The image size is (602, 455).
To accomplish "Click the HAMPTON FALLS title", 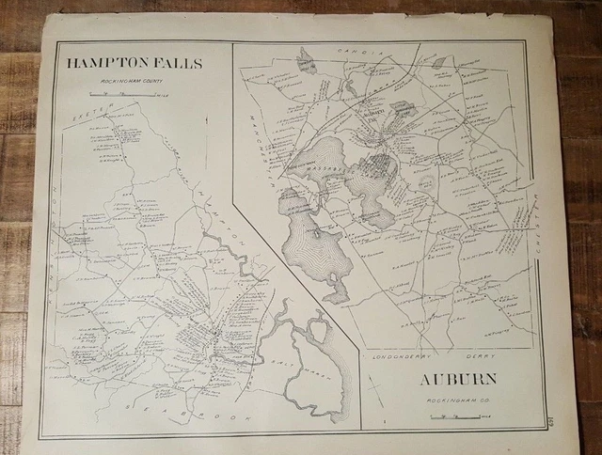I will [135, 64].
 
